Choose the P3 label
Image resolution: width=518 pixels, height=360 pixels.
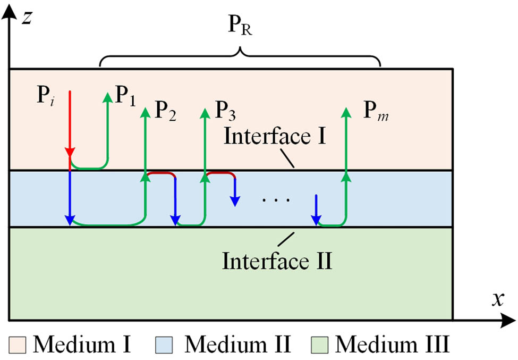pyautogui.click(x=225, y=110)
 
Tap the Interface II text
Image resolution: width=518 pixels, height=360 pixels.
pyautogui.click(x=277, y=261)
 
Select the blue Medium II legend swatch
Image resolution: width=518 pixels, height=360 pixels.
pyautogui.click(x=163, y=346)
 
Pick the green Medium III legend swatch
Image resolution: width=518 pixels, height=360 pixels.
pyautogui.click(x=335, y=346)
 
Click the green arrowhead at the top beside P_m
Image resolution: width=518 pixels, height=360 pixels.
pyautogui.click(x=346, y=112)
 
